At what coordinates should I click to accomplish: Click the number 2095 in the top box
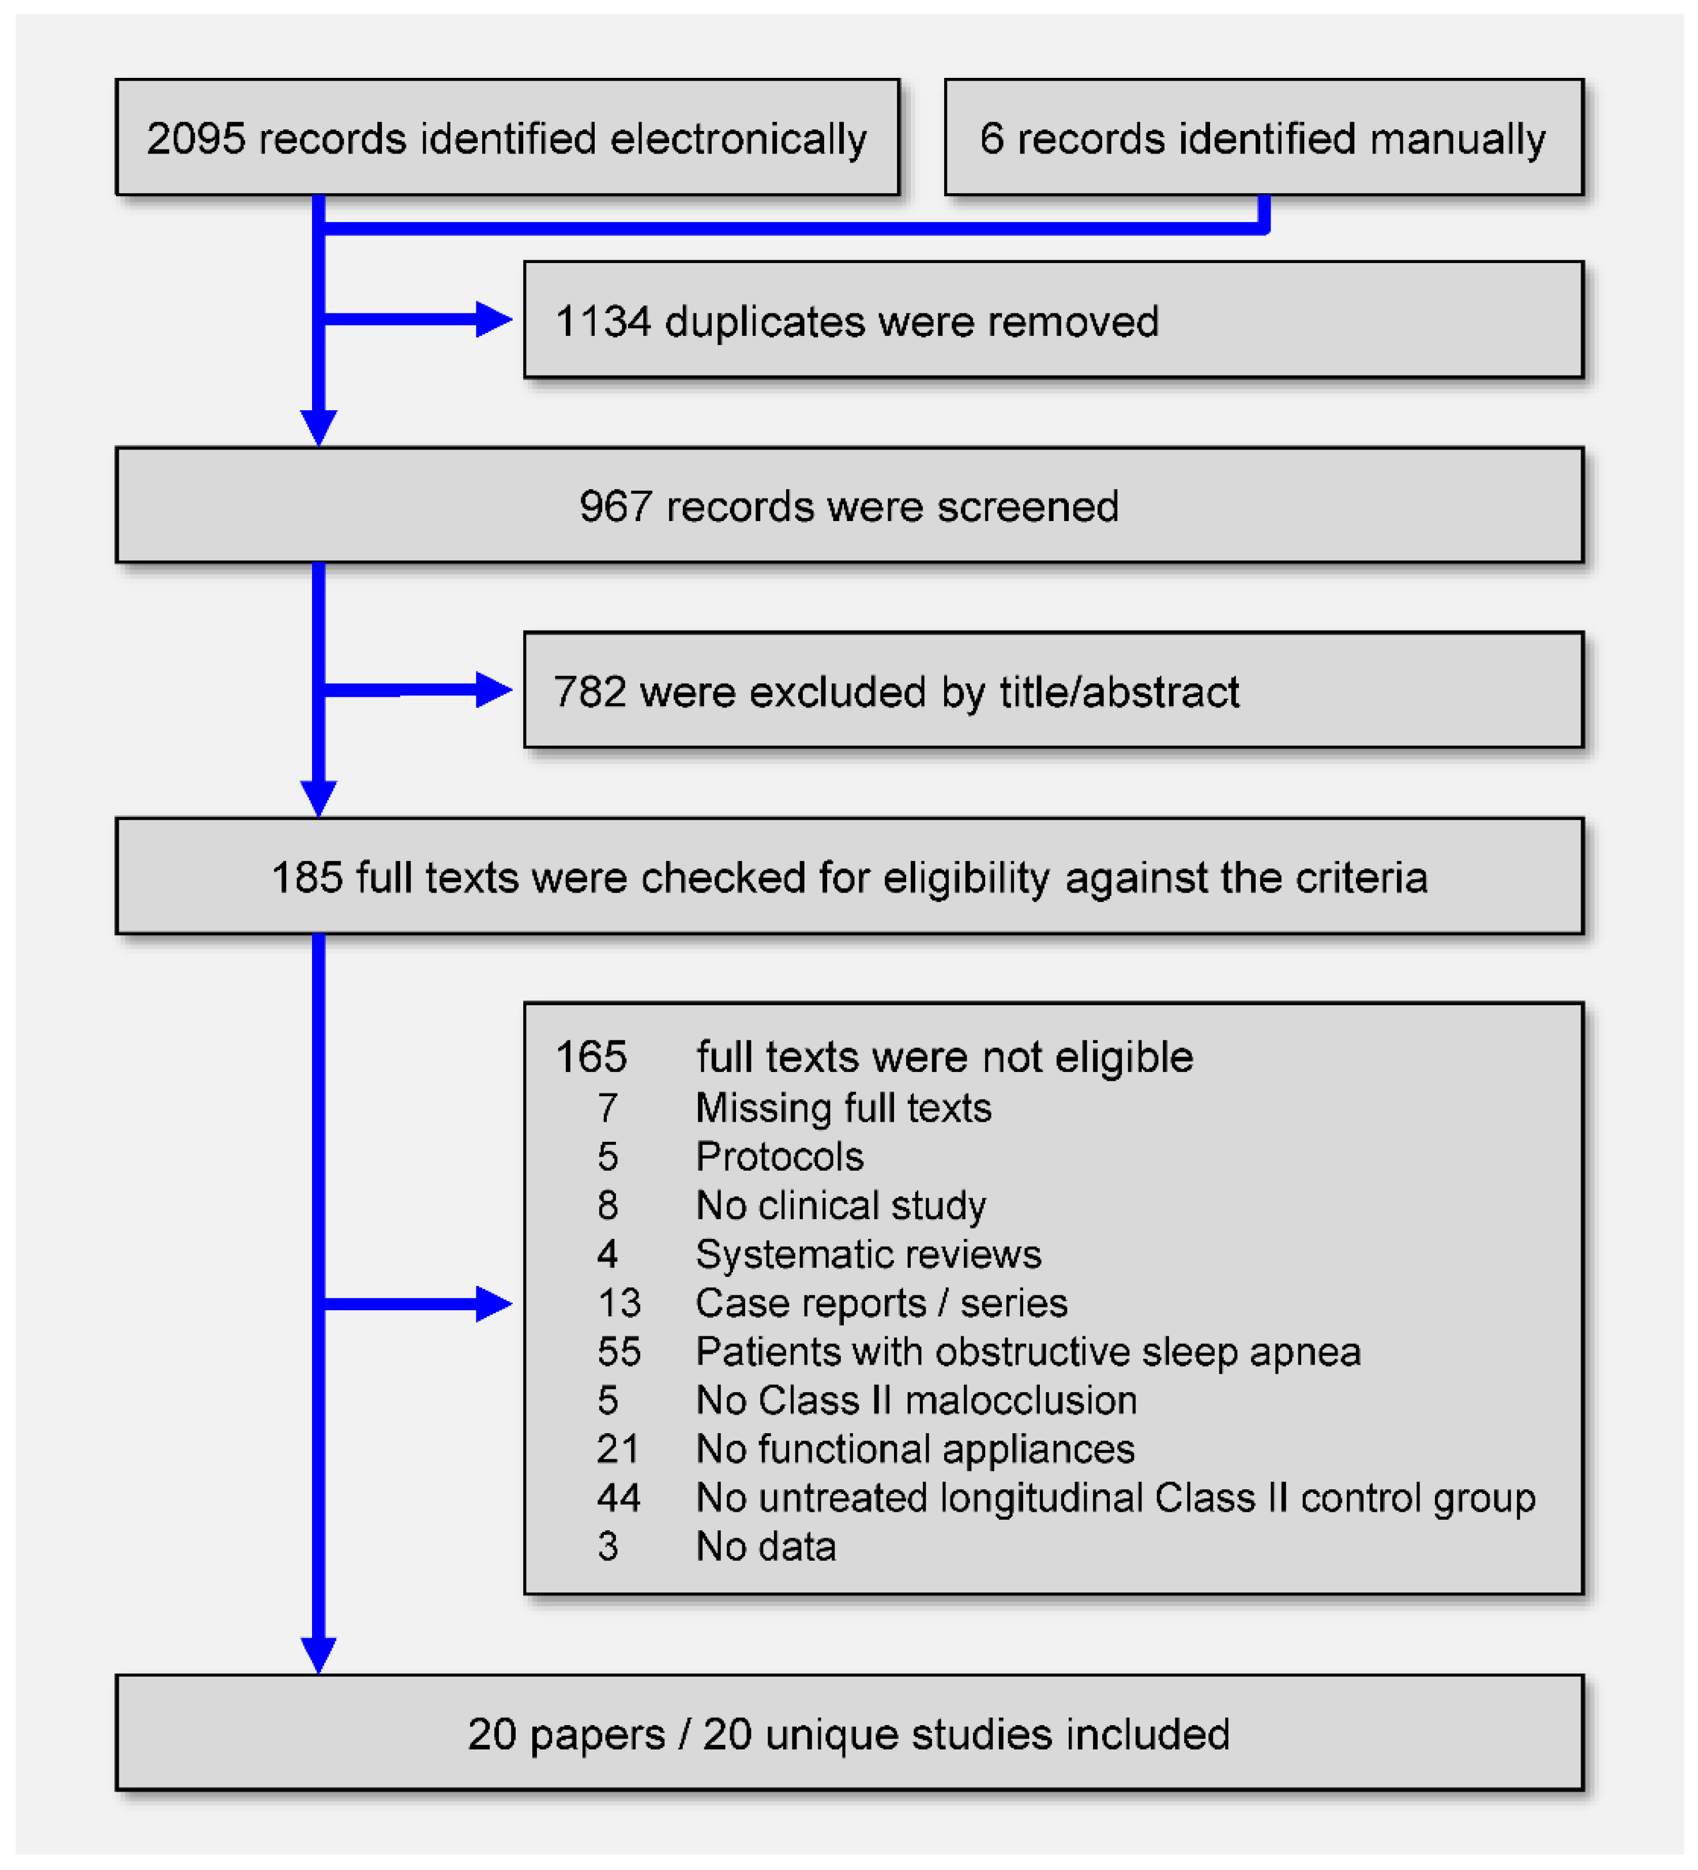(196, 139)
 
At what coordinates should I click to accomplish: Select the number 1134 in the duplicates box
(603, 322)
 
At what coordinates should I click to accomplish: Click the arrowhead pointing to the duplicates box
(493, 319)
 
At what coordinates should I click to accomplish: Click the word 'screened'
(1028, 507)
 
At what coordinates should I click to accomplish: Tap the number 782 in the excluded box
(590, 691)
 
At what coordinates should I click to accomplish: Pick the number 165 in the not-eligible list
(591, 1056)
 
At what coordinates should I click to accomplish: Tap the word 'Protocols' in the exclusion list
(779, 1157)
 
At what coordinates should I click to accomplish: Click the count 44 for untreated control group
(618, 1497)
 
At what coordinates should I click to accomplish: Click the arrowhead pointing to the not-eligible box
(493, 1303)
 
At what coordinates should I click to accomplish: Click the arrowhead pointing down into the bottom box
(318, 1654)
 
